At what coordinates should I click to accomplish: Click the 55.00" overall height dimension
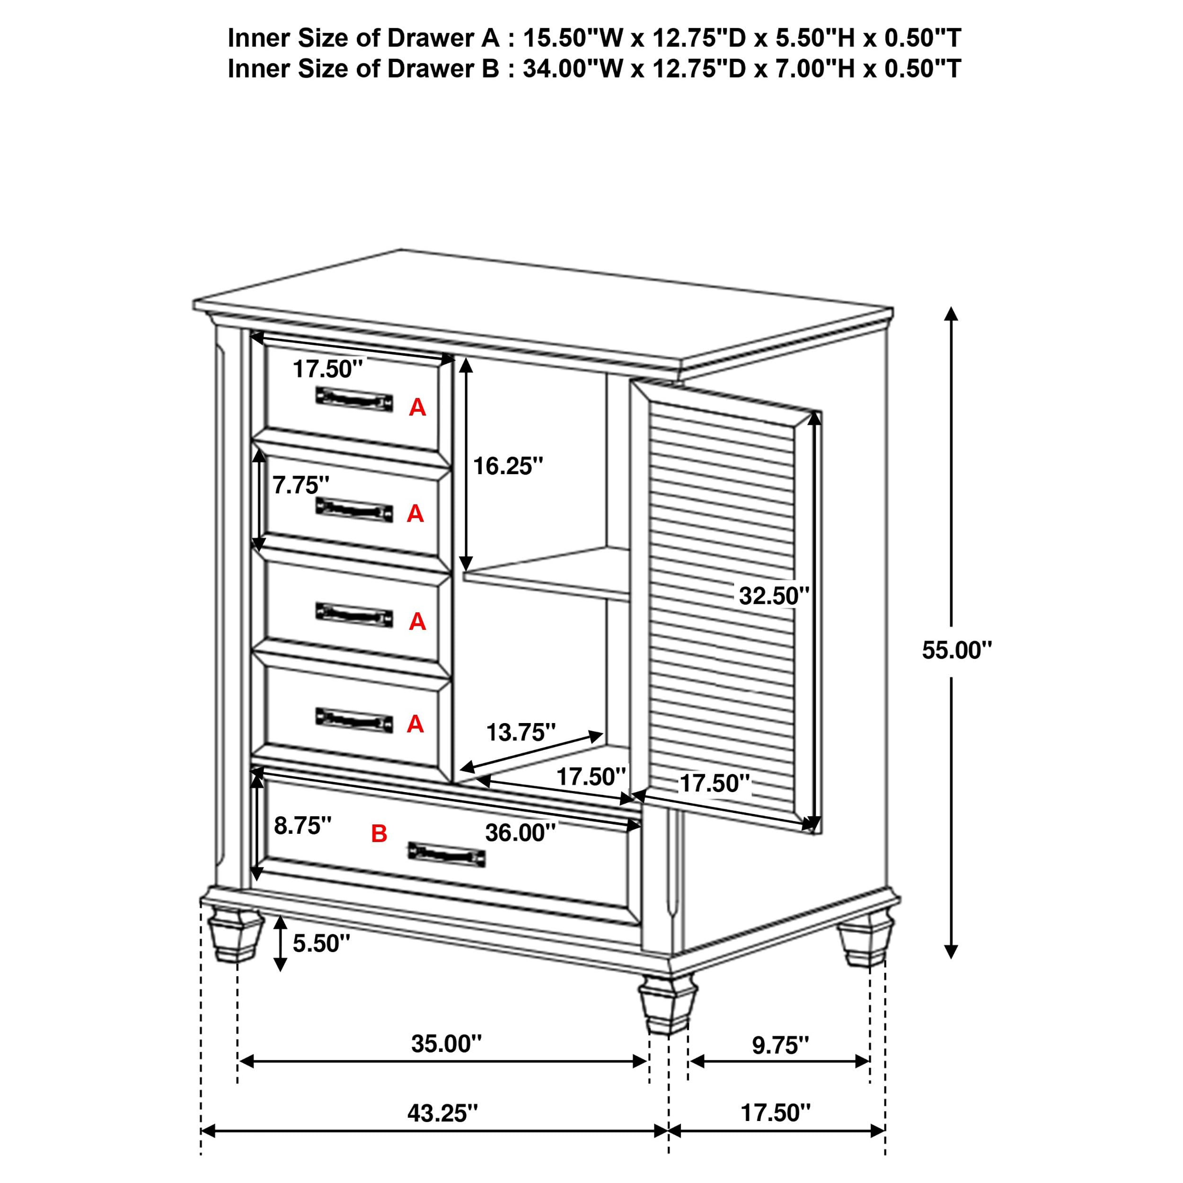pyautogui.click(x=956, y=650)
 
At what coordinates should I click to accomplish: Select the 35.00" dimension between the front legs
pyautogui.click(x=446, y=1043)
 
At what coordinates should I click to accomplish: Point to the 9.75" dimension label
pyautogui.click(x=780, y=1045)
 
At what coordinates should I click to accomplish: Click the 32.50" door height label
pyautogui.click(x=773, y=595)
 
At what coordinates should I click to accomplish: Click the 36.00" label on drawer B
pyautogui.click(x=521, y=832)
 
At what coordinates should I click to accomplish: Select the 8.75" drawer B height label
pyautogui.click(x=302, y=825)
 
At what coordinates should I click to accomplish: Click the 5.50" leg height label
pyautogui.click(x=321, y=944)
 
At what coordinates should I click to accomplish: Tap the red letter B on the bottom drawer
pyautogui.click(x=379, y=833)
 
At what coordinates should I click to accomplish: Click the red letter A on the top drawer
pyautogui.click(x=417, y=407)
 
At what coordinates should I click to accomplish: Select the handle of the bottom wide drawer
pyautogui.click(x=446, y=854)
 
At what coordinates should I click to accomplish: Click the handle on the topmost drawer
pyautogui.click(x=354, y=399)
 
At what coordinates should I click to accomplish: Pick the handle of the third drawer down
pyautogui.click(x=354, y=615)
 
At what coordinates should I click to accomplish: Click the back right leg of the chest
pyautogui.click(x=865, y=945)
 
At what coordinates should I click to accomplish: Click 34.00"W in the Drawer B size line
pyautogui.click(x=572, y=69)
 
